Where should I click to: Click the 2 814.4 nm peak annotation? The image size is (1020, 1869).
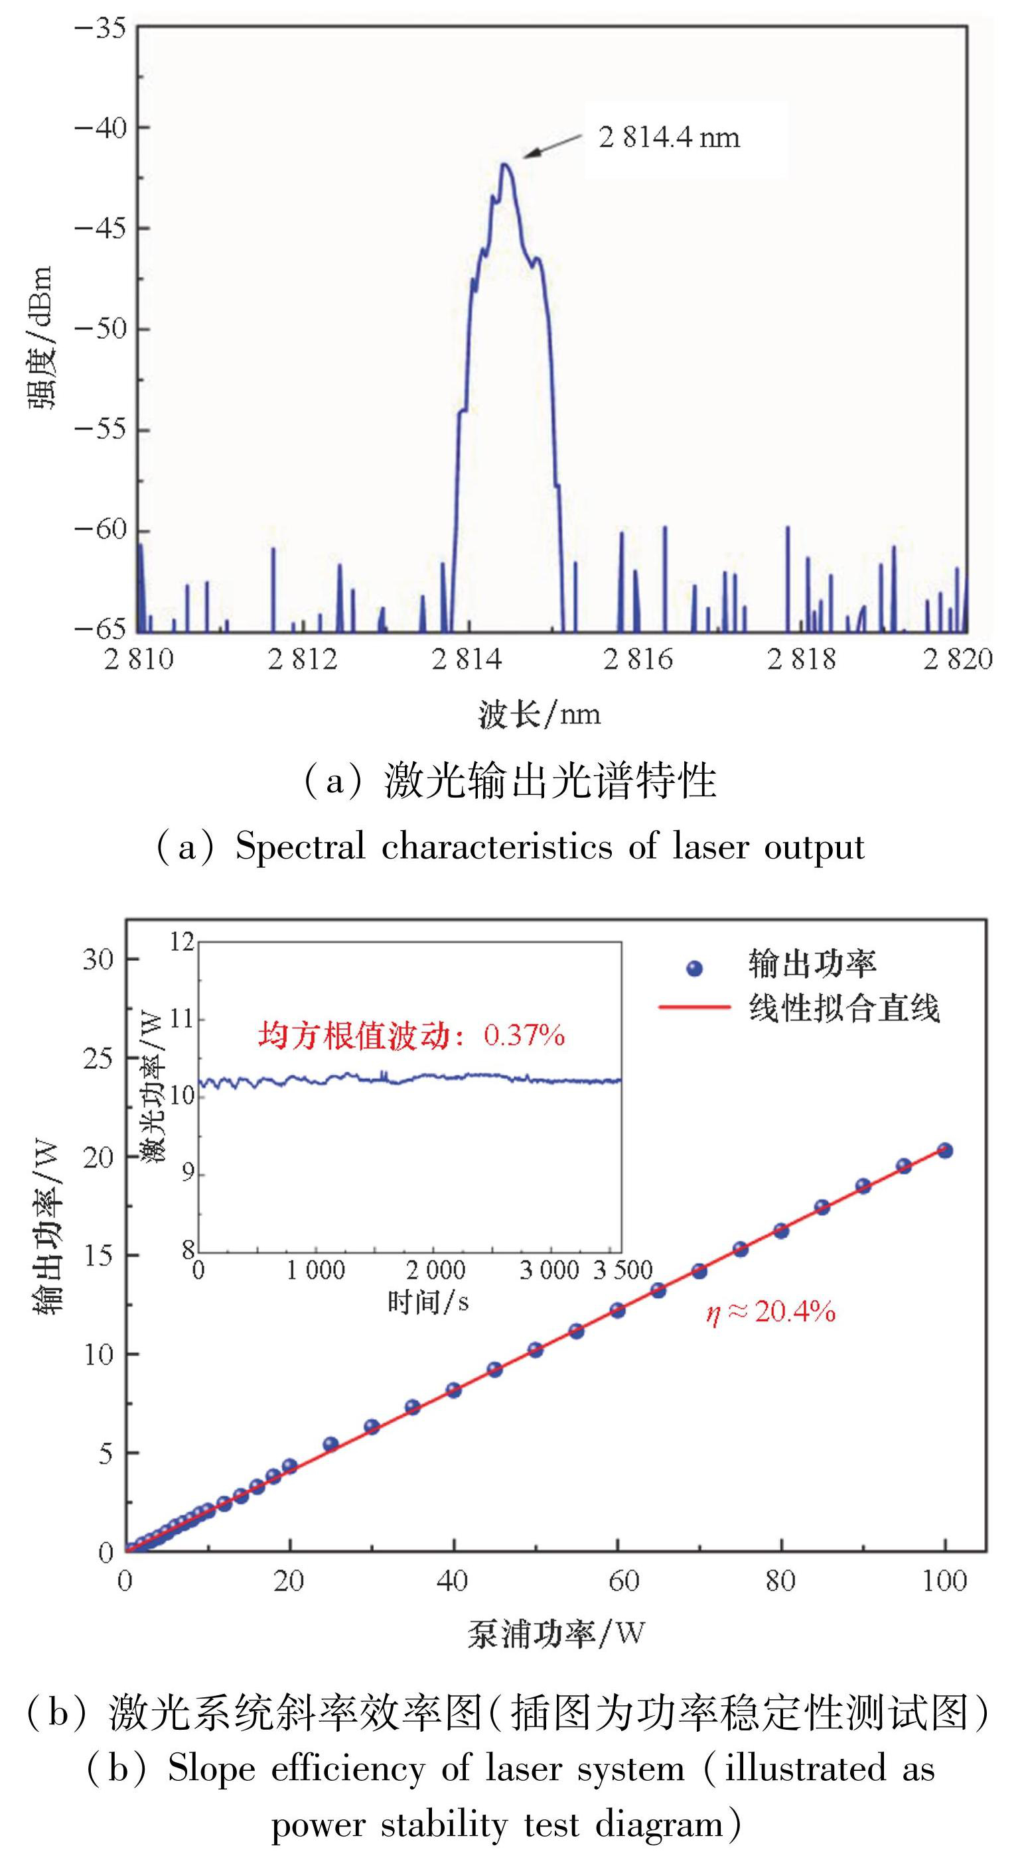tap(669, 137)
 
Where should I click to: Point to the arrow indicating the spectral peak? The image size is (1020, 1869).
tap(551, 145)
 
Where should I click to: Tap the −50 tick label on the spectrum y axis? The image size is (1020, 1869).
tap(100, 329)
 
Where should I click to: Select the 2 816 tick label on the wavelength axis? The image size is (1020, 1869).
tap(638, 660)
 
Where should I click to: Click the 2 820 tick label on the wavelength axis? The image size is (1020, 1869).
tap(957, 660)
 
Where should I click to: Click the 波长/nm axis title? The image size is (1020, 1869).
tap(539, 715)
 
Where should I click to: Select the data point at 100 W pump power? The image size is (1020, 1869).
tap(944, 1151)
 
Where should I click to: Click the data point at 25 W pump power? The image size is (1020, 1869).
tap(330, 1445)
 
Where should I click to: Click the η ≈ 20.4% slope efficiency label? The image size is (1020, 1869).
tap(770, 1313)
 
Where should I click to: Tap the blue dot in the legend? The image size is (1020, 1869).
tap(695, 969)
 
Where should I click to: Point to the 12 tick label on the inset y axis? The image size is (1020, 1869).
tap(183, 943)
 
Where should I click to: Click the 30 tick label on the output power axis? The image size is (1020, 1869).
tap(98, 959)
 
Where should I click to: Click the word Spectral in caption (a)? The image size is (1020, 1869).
tap(300, 847)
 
